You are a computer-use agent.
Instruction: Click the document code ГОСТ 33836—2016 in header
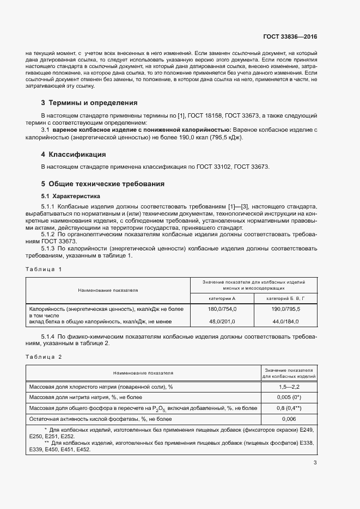(x=290, y=37)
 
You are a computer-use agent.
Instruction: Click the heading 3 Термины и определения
(x=89, y=102)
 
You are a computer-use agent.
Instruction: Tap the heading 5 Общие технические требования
(x=102, y=184)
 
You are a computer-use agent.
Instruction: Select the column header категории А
(x=223, y=298)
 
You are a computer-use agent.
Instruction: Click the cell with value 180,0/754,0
(x=223, y=309)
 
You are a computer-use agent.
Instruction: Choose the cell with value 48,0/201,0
(x=223, y=322)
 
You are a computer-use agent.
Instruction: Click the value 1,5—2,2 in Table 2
(x=289, y=386)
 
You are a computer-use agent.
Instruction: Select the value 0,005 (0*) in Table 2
(x=289, y=397)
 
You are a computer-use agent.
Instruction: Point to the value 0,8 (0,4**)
(x=289, y=408)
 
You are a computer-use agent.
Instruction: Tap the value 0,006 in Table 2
(x=289, y=419)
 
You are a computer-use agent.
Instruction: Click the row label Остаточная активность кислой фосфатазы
(x=101, y=419)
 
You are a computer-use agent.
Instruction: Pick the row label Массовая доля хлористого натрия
(x=101, y=386)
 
